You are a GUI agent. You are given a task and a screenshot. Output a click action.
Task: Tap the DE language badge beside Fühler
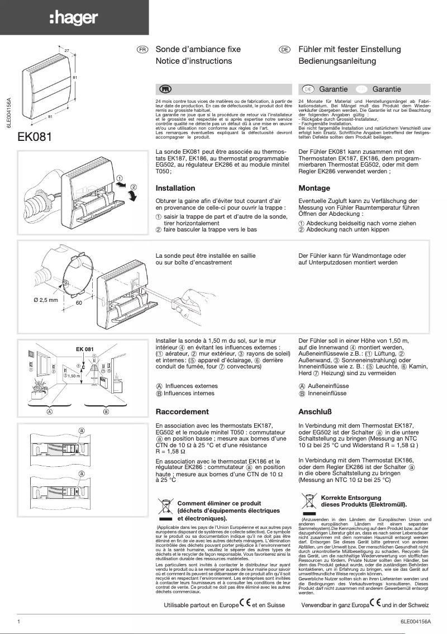pos(285,50)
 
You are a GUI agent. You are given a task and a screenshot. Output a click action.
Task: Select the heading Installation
pos(175,188)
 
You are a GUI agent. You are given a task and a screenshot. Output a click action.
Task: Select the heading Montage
pos(314,188)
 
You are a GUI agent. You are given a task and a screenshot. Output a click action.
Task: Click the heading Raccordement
pos(182,411)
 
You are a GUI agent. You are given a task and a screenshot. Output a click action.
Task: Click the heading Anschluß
pos(316,411)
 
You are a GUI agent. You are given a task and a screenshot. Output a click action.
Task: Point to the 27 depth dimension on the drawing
pos(66,51)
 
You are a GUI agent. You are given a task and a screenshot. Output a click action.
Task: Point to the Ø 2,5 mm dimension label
pos(45,300)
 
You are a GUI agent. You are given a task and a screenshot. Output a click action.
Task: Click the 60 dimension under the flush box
pos(79,302)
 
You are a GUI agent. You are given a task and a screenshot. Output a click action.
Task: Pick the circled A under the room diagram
pos(50,412)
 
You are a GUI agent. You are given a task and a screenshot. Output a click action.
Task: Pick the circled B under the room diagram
pos(106,412)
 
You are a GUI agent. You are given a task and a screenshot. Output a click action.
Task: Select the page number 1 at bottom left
pos(20,621)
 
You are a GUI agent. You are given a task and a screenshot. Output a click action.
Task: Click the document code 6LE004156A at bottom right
pos(416,621)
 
